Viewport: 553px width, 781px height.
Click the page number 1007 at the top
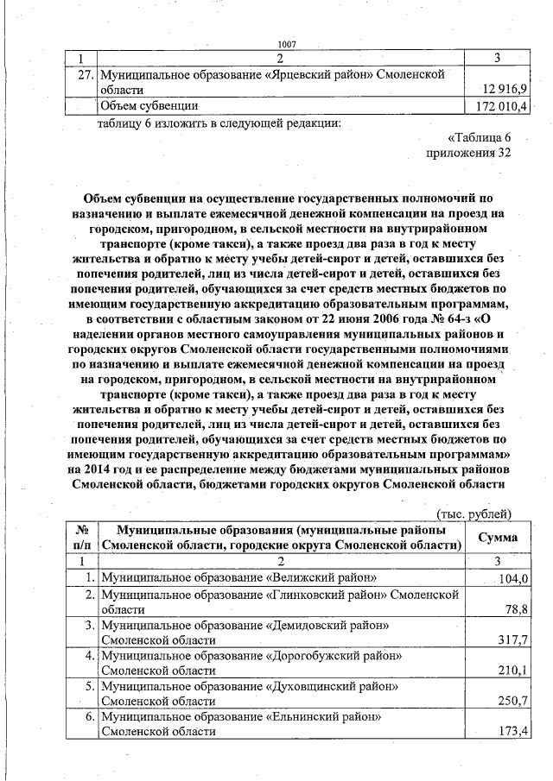pos(288,44)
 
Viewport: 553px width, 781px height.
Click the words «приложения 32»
pos(469,153)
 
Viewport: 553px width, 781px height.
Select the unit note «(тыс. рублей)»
pos(475,514)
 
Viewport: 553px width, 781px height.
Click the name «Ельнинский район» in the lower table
pos(325,717)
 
